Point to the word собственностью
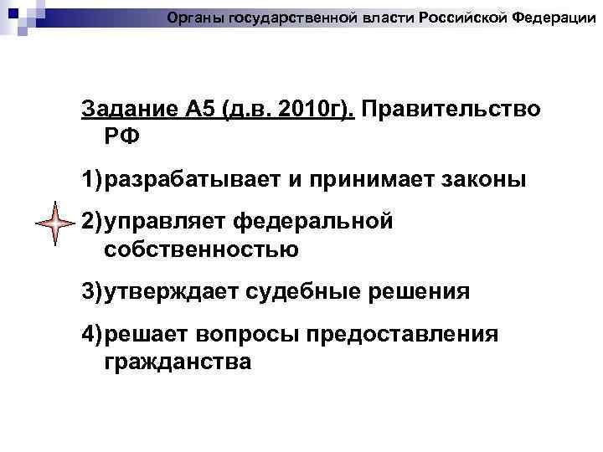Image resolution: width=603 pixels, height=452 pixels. click(x=202, y=249)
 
